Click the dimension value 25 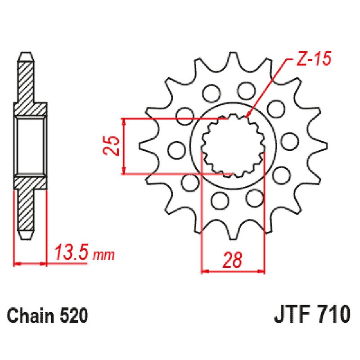coord(114,145)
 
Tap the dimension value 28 coord(233,260)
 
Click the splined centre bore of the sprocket coord(233,145)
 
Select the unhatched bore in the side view coord(31,145)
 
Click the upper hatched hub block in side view coord(31,109)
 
